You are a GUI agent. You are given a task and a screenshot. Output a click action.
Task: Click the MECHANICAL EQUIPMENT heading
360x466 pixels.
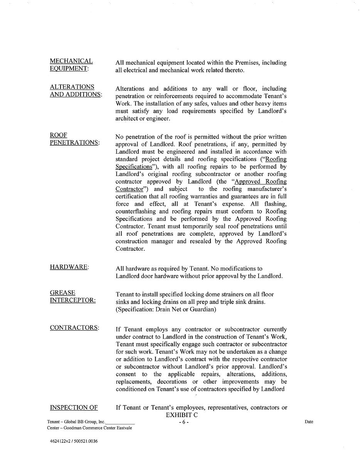tap(71, 65)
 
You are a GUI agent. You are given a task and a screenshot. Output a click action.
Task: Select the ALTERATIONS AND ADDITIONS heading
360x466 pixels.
tap(76, 91)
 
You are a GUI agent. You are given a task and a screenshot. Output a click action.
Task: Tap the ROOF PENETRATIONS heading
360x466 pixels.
tap(74, 139)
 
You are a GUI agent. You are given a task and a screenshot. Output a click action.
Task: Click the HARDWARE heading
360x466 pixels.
tap(69, 267)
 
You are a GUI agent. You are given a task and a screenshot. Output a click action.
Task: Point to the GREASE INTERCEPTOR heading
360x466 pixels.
tap(73, 297)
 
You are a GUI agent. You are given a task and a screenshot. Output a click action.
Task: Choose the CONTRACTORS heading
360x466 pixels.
tap(74, 328)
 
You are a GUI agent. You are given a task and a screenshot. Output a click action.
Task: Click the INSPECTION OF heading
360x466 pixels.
tap(74, 407)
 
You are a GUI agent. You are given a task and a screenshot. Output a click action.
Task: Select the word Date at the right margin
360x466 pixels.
tap(309, 422)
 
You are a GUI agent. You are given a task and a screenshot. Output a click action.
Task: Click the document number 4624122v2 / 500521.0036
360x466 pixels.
tap(74, 441)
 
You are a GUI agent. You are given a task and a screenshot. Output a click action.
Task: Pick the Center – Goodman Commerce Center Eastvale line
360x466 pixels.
tap(89, 428)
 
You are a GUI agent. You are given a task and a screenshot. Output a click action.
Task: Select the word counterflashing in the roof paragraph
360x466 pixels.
tap(136, 211)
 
